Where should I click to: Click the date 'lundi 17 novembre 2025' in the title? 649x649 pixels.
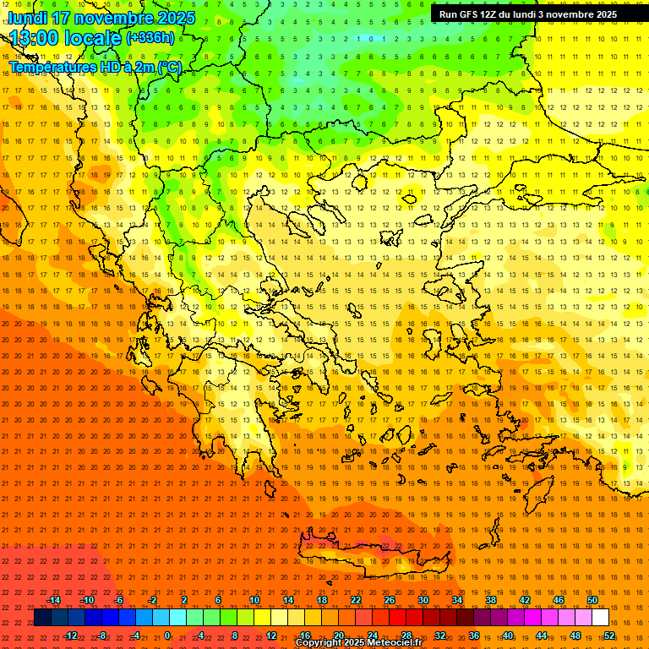point(101,18)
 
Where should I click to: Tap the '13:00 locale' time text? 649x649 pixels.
point(66,38)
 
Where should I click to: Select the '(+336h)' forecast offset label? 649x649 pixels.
point(150,37)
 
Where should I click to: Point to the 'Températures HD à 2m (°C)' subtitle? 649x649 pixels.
point(95,67)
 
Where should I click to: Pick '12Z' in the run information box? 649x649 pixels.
point(494,14)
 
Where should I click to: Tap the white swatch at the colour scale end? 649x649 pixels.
point(600,618)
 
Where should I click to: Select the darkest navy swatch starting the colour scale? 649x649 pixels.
point(42,618)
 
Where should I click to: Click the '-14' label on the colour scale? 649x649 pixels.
point(53,600)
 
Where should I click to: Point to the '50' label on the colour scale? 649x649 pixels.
point(592,600)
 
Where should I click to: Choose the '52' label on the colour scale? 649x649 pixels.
point(609,635)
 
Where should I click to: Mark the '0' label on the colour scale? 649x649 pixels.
point(167,635)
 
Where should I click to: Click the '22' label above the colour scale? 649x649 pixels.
point(356,600)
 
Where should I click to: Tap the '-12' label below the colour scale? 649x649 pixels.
point(70,635)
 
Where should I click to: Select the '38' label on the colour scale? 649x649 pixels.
point(491,600)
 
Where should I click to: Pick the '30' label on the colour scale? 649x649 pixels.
point(423,600)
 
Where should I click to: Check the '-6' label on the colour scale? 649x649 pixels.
point(119,600)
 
